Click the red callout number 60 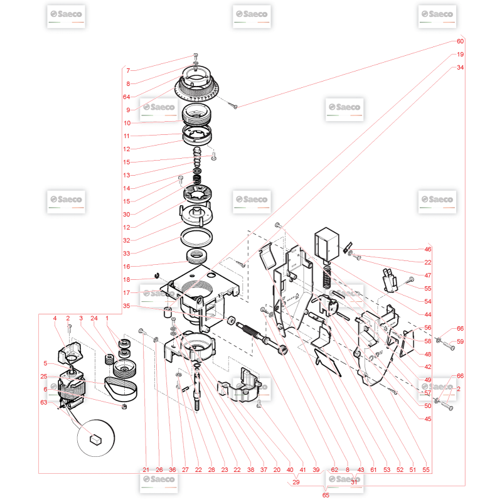(460, 41)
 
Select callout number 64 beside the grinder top (127, 97)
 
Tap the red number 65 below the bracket (326, 495)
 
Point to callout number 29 (296, 482)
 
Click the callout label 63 (44, 402)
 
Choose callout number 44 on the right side (428, 314)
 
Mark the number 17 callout (127, 292)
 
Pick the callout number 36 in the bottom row (172, 469)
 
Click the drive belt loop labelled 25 (120, 388)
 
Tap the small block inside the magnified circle (96, 439)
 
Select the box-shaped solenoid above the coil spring (327, 243)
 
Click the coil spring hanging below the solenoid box (326, 276)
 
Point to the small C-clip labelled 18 (157, 275)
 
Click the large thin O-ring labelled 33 (196, 237)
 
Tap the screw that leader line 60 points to (232, 105)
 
